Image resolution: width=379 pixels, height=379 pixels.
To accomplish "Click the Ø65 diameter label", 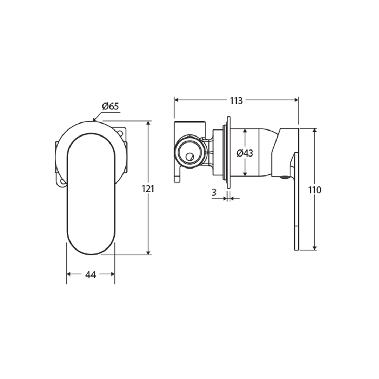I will point(111,106).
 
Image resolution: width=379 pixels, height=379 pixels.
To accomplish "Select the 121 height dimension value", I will point(148,189).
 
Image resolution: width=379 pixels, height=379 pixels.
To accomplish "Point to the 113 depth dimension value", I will point(236,101).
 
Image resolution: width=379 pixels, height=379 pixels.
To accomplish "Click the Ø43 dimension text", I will point(245,153).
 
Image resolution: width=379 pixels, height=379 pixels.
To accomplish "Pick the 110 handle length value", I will point(314,190).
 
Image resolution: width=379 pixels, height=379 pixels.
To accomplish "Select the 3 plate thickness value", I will point(214,192).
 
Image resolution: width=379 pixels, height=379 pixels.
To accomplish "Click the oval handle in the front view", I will point(91,193).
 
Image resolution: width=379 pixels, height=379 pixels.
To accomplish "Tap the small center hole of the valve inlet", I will point(190,157).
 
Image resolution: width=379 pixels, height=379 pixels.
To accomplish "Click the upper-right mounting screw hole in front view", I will point(120,133).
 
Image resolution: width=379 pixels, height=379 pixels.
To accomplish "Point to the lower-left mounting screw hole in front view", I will point(62,182).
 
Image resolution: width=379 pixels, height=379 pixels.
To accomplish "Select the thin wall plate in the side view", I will point(228,153).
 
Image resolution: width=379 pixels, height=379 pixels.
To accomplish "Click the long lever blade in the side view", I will point(297,204).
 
